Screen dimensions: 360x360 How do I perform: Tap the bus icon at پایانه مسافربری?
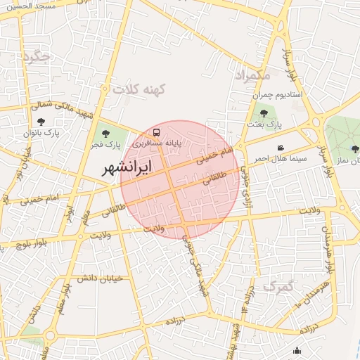(156, 131)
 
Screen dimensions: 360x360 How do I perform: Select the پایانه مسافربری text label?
(158, 143)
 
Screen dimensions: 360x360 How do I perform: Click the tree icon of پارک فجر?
(106, 134)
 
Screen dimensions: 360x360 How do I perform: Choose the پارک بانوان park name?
(39, 132)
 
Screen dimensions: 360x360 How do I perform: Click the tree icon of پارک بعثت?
(264, 113)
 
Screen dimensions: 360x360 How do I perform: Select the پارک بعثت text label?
(264, 124)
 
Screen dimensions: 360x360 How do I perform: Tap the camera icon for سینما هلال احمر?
(281, 148)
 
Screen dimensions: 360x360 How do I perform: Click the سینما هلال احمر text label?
(281, 159)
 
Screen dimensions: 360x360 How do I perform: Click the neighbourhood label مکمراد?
(252, 74)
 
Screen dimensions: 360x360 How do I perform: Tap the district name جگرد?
(37, 58)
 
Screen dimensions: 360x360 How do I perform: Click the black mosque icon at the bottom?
(297, 351)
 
